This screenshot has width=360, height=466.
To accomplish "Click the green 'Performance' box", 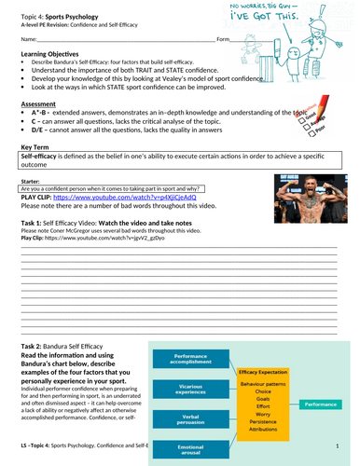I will [320, 406].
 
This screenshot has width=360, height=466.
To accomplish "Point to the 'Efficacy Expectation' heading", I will [266, 370].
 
